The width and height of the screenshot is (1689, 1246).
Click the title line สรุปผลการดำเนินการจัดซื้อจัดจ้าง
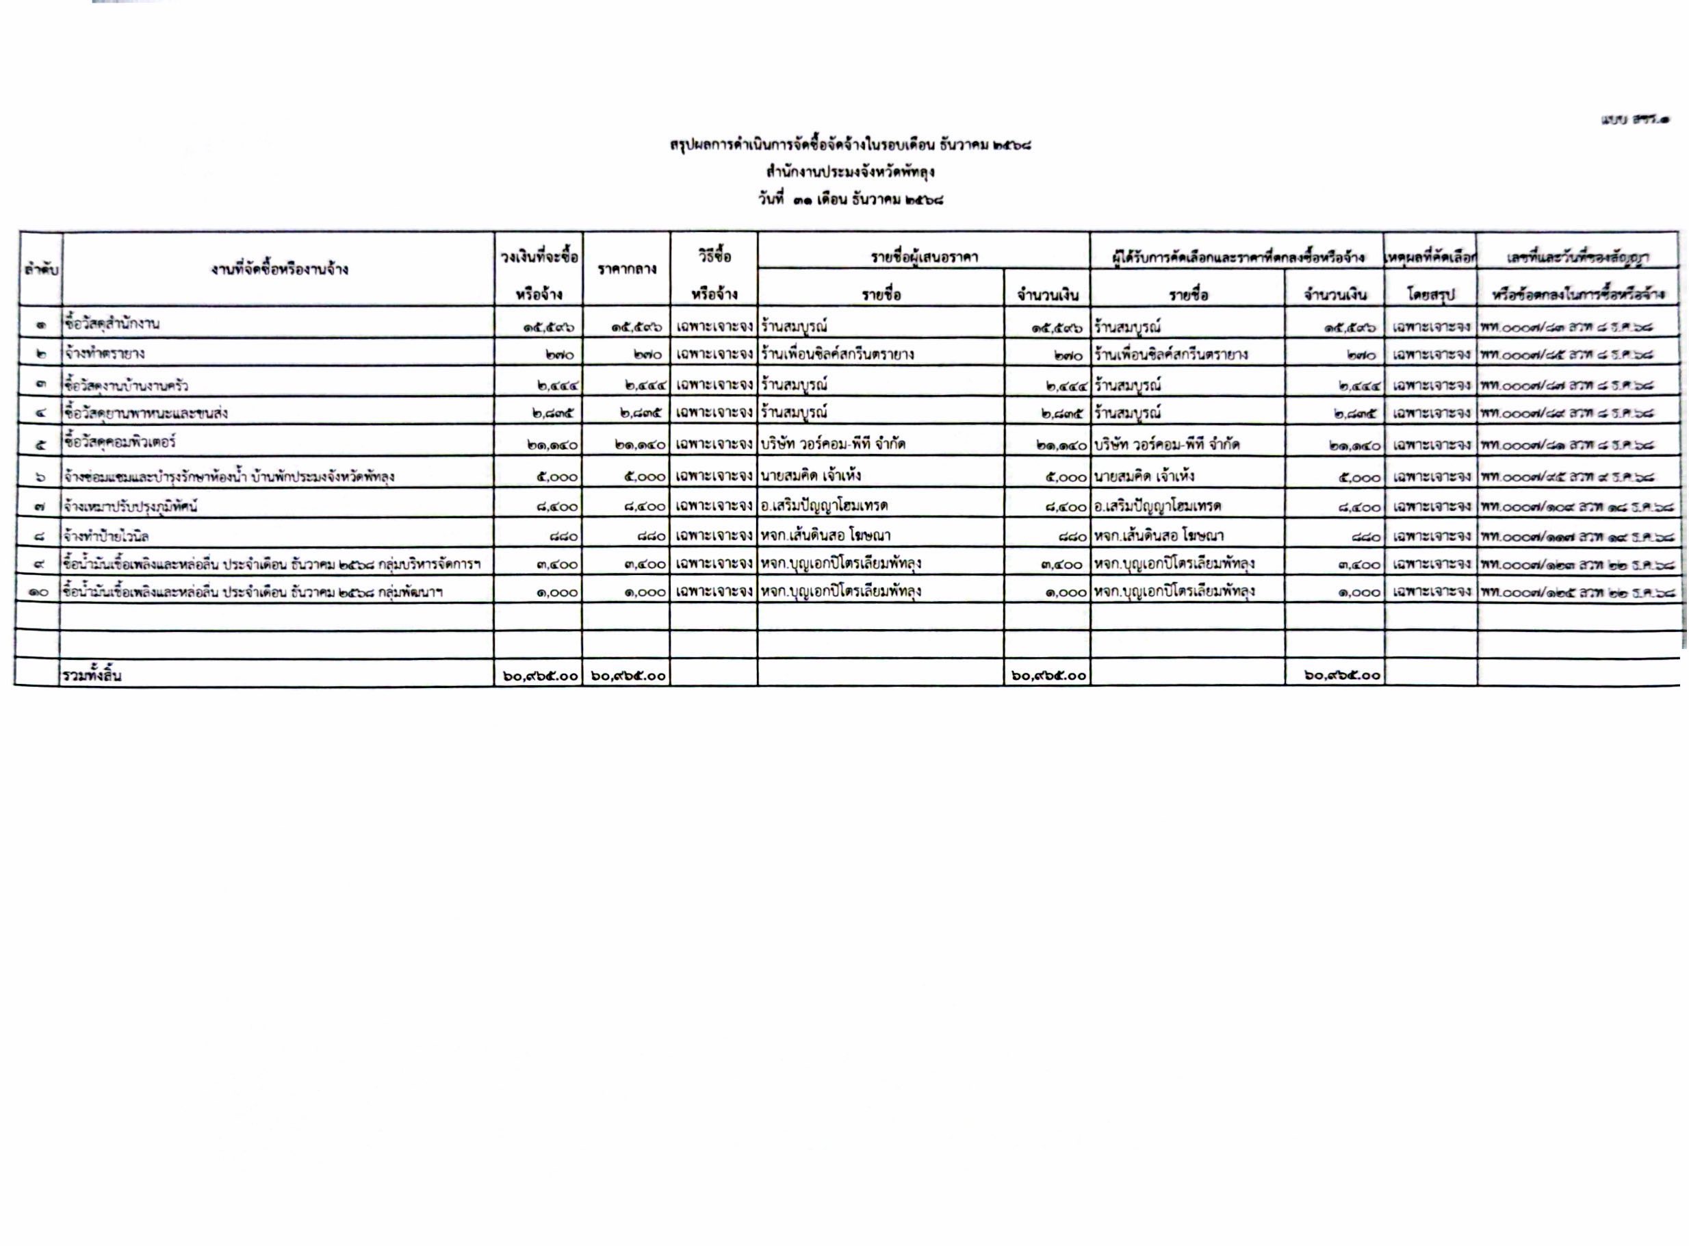pyautogui.click(x=850, y=143)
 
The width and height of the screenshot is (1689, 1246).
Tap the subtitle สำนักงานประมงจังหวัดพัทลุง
pyautogui.click(x=850, y=172)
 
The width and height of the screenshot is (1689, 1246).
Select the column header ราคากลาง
pyautogui.click(x=627, y=269)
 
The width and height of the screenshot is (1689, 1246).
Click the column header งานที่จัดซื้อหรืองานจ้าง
pyautogui.click(x=279, y=269)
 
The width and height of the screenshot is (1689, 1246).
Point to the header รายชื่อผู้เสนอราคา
pyautogui.click(x=924, y=257)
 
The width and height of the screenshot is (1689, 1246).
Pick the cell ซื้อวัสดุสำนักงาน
pyautogui.click(x=112, y=325)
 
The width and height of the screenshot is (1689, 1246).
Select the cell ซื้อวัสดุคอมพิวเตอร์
pyautogui.click(x=120, y=442)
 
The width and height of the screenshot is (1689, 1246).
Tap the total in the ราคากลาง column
pyautogui.click(x=628, y=676)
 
